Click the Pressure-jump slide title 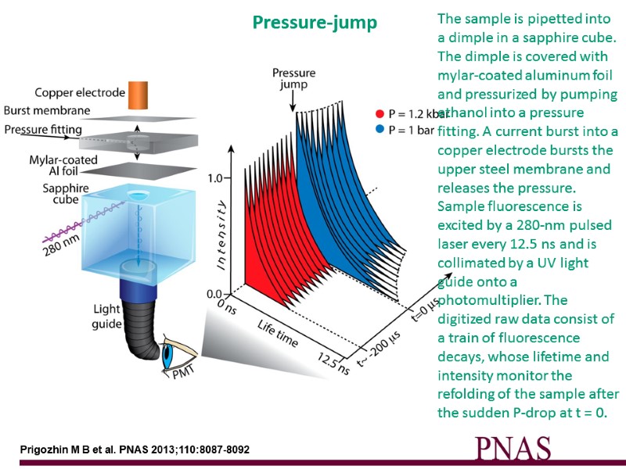tap(315, 23)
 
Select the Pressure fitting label tap(44, 129)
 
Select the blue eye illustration tap(169, 354)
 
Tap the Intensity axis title tap(222, 235)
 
